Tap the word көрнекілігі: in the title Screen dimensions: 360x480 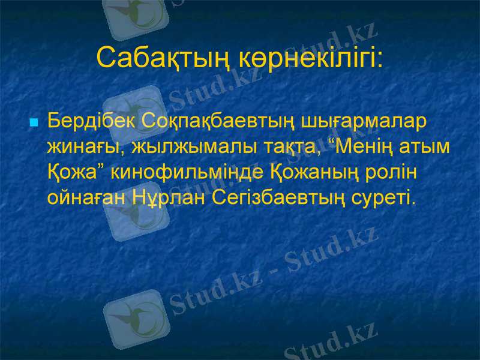310,58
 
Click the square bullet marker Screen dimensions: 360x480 34,122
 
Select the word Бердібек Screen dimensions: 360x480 92,121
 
